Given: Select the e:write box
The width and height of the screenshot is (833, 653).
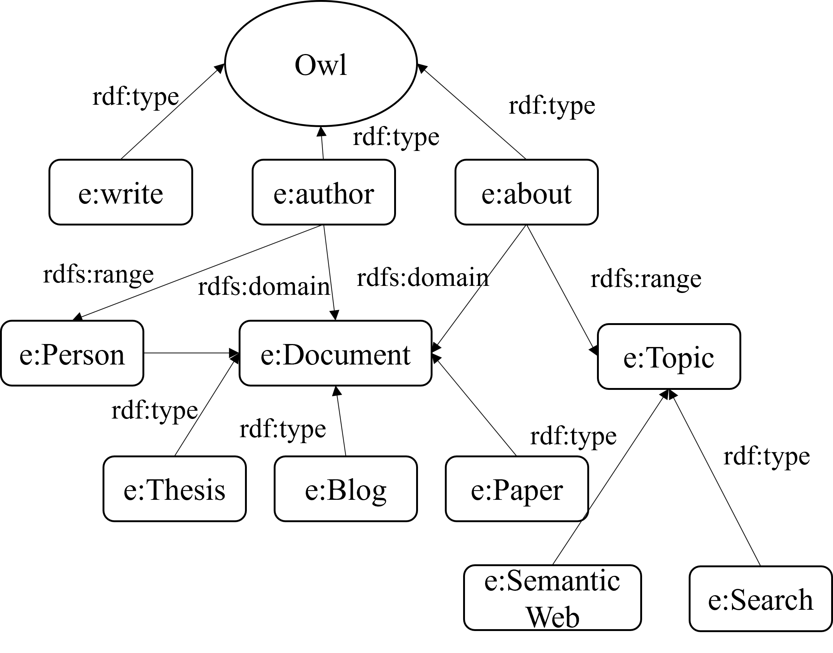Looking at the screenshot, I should point(120,192).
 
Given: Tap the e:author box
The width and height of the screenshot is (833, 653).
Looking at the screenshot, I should point(324,192).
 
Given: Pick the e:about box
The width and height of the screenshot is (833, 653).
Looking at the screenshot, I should point(526,192).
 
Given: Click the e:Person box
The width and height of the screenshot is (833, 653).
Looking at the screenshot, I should point(72,353).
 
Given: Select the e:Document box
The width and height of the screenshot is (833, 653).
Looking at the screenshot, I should point(336,353).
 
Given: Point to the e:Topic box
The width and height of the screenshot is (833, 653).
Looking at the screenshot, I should point(669,357).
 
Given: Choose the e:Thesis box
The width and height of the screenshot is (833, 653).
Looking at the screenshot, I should point(175,489).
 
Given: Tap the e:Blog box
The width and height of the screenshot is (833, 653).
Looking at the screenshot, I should point(345,489).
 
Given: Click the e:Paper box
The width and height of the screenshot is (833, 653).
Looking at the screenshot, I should point(517,489).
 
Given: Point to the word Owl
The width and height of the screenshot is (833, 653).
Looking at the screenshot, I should point(321,65).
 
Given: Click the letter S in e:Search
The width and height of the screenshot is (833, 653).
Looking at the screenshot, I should point(738,599).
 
